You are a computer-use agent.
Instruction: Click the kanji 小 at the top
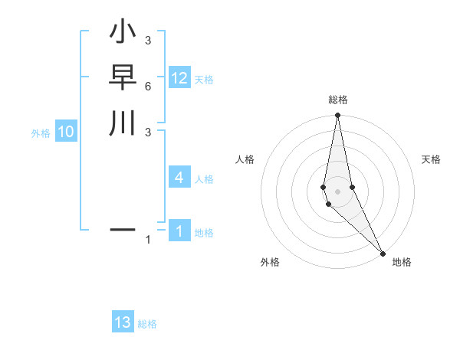pyautogui.click(x=123, y=34)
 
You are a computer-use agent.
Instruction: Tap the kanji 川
pyautogui.click(x=123, y=123)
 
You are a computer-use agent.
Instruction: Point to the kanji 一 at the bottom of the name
pyautogui.click(x=123, y=228)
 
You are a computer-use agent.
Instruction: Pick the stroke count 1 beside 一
pyautogui.click(x=148, y=241)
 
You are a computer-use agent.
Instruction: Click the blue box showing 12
pyautogui.click(x=179, y=78)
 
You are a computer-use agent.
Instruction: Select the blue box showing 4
pyautogui.click(x=179, y=178)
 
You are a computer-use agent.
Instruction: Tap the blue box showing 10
pyautogui.click(x=66, y=132)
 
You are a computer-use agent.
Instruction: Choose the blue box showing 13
pyautogui.click(x=123, y=322)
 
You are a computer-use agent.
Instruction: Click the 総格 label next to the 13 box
pyautogui.click(x=147, y=324)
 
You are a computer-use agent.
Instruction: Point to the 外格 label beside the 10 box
pyautogui.click(x=41, y=133)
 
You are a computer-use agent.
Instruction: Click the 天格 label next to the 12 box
pyautogui.click(x=204, y=80)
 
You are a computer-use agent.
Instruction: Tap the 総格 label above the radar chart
pyautogui.click(x=337, y=100)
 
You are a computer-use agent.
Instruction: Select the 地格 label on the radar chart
pyautogui.click(x=402, y=262)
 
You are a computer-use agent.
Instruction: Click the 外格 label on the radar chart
pyautogui.click(x=270, y=262)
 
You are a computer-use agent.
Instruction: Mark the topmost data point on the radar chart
pyautogui.click(x=337, y=116)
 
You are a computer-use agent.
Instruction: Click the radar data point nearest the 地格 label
pyautogui.click(x=383, y=251)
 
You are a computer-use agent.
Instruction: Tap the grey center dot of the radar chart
pyautogui.click(x=337, y=191)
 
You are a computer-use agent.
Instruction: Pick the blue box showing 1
pyautogui.click(x=179, y=231)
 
